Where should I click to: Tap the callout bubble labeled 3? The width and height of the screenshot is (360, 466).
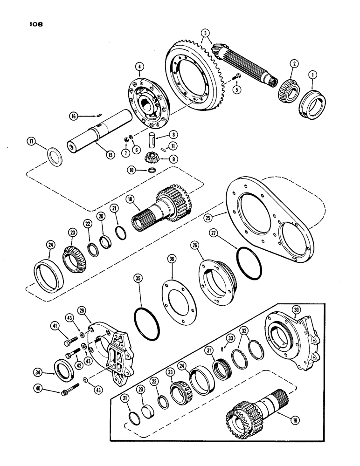point(205,33)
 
